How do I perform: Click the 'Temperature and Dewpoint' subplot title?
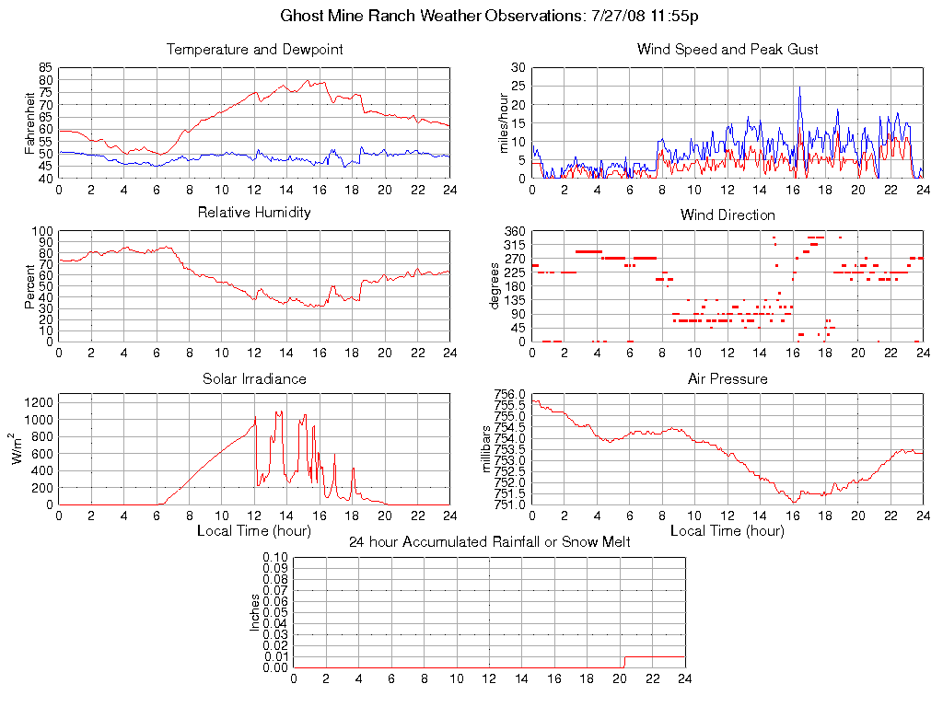(254, 50)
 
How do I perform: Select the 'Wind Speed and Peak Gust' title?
(728, 50)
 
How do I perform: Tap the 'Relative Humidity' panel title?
(254, 213)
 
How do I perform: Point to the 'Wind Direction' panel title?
(728, 215)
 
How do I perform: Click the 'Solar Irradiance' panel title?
(254, 378)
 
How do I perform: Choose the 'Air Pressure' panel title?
(728, 378)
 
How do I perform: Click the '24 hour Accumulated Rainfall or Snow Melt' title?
(489, 542)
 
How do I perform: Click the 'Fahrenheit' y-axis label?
(30, 122)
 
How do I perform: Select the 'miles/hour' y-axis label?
(504, 122)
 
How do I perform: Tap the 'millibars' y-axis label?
(489, 448)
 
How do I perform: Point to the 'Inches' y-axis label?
(255, 612)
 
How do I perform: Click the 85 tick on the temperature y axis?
(45, 68)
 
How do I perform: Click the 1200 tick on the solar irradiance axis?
(39, 402)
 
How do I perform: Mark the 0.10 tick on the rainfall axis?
(275, 558)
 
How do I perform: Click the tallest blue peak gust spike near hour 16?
(799, 87)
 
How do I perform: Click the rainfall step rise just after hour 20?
(624, 662)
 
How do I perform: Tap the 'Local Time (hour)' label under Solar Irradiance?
(254, 531)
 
